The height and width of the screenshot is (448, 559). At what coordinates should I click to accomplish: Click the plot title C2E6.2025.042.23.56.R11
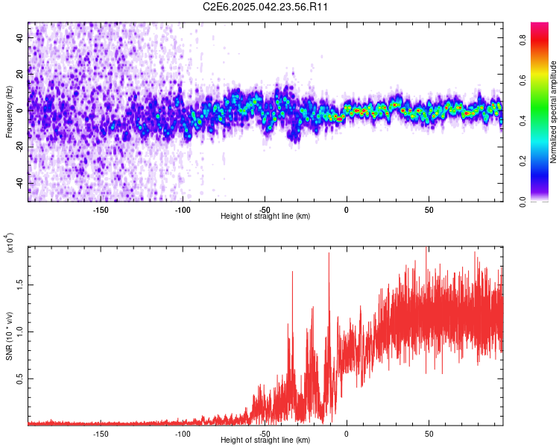pyautogui.click(x=266, y=7)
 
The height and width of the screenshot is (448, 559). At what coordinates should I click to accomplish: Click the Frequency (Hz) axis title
pyautogui.click(x=9, y=111)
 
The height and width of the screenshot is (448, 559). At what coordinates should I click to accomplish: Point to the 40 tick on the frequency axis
pyautogui.click(x=20, y=38)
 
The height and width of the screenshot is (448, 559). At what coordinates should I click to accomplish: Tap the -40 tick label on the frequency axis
pyautogui.click(x=19, y=184)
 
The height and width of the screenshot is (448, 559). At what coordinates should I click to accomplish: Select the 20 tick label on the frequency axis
pyautogui.click(x=20, y=75)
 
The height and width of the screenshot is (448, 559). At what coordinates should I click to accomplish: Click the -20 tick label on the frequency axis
pyautogui.click(x=19, y=147)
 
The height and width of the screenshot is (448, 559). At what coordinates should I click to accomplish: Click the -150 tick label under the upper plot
pyautogui.click(x=101, y=209)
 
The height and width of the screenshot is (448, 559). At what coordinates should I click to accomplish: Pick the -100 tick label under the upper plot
pyautogui.click(x=183, y=209)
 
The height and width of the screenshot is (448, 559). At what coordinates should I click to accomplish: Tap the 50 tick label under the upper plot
pyautogui.click(x=429, y=209)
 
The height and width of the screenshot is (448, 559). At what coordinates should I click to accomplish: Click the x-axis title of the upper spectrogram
pyautogui.click(x=265, y=217)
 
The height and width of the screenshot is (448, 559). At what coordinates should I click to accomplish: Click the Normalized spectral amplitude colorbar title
pyautogui.click(x=554, y=111)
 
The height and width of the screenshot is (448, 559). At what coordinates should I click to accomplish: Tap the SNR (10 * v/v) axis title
pyautogui.click(x=9, y=335)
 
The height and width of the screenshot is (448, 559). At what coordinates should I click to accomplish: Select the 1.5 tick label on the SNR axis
pyautogui.click(x=19, y=284)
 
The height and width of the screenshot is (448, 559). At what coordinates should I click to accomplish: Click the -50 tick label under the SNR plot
pyautogui.click(x=265, y=433)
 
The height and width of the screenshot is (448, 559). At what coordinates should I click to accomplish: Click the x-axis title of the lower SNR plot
pyautogui.click(x=265, y=441)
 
